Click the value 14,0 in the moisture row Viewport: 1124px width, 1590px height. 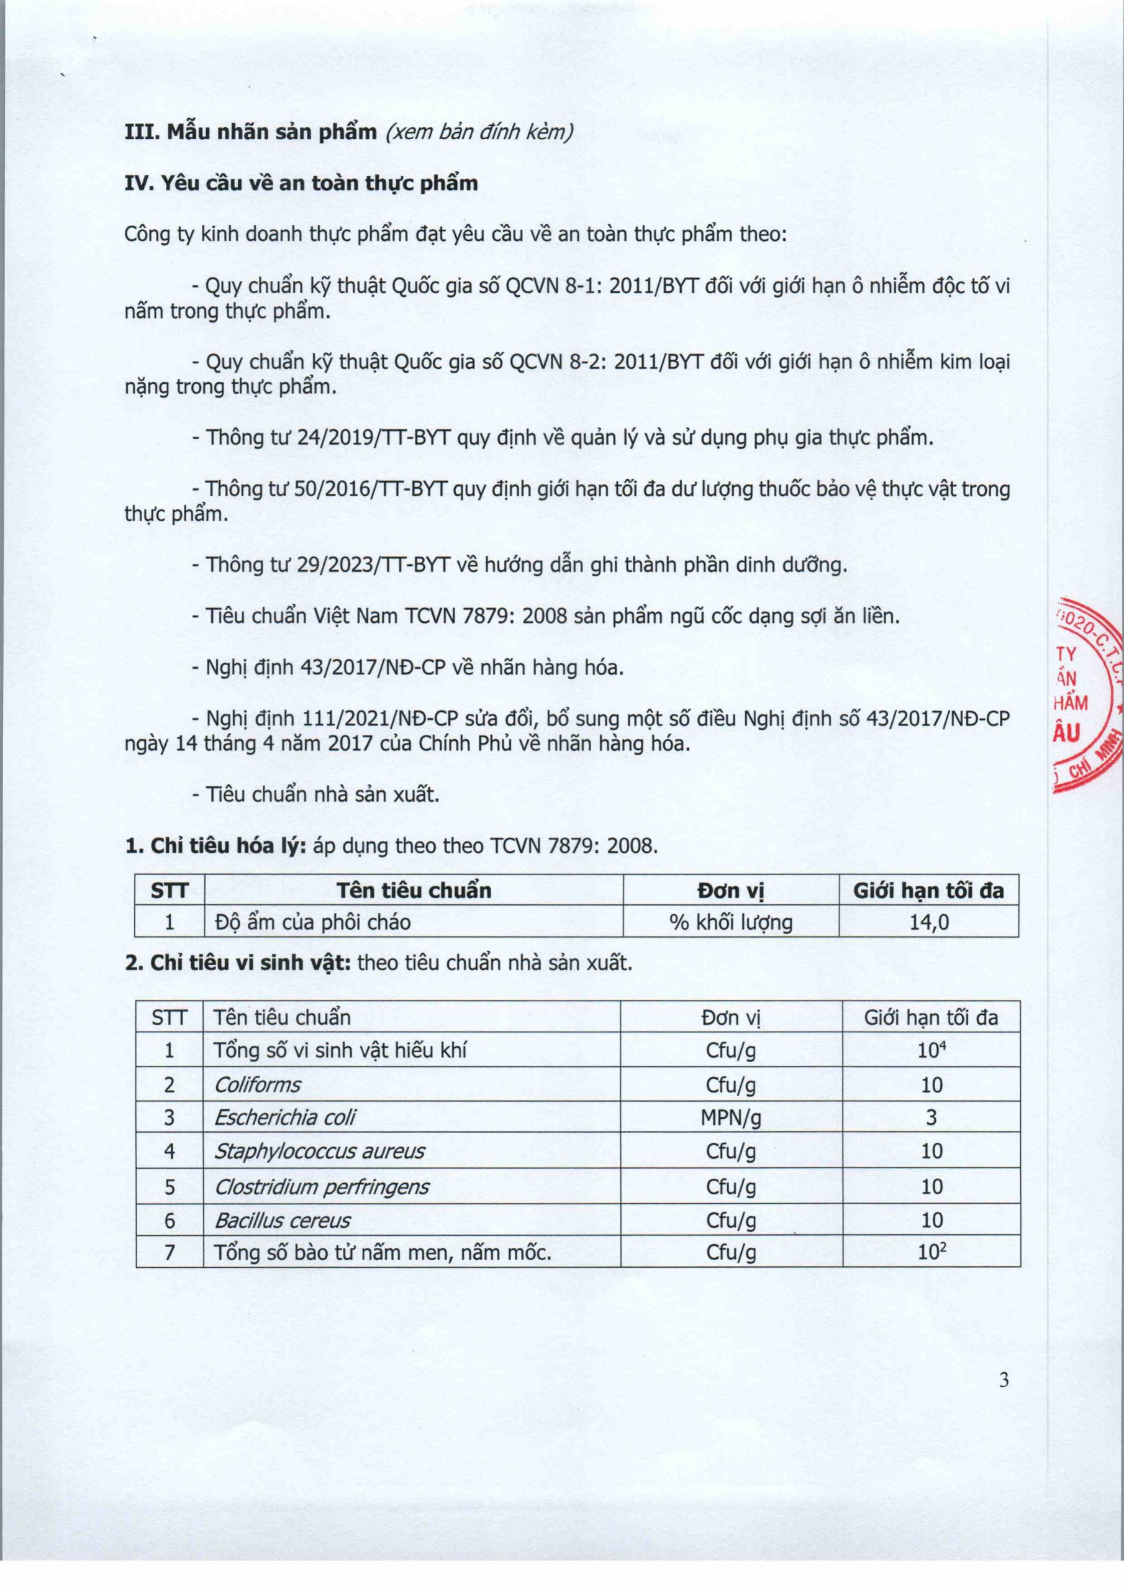click(929, 922)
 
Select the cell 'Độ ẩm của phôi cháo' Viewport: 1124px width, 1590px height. click(312, 922)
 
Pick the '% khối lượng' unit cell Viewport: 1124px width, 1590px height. click(731, 922)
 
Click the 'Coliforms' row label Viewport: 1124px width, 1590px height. click(258, 1084)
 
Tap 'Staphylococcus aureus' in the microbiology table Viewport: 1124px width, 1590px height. click(319, 1152)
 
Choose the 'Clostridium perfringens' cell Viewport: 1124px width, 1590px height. click(321, 1187)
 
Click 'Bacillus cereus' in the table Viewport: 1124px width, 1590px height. click(283, 1220)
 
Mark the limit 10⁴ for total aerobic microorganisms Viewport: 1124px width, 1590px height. click(931, 1050)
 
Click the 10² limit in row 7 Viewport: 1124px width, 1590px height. click(931, 1252)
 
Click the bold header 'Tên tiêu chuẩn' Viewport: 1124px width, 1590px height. click(414, 890)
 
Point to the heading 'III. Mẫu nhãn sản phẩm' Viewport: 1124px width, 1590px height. click(251, 132)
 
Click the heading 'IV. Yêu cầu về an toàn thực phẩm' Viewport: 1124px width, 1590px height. click(301, 183)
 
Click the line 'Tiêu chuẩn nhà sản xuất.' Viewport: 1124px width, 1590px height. click(323, 794)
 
